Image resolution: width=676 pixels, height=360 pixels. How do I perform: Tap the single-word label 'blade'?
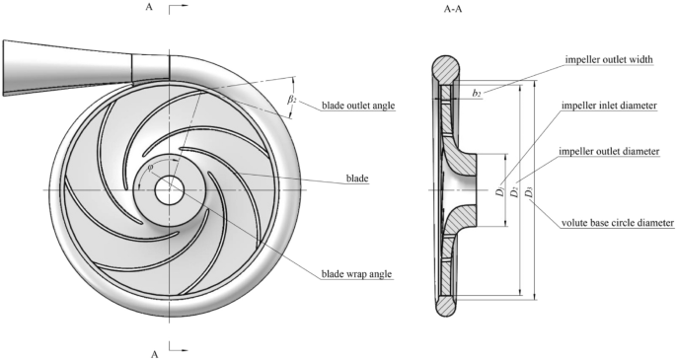click(x=356, y=179)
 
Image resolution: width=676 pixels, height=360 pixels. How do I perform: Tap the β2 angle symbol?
click(x=293, y=101)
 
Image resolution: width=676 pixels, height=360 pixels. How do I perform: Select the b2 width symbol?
click(x=477, y=93)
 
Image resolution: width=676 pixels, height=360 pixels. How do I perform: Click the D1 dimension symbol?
click(x=501, y=189)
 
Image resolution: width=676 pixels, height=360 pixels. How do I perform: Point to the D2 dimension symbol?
click(x=515, y=189)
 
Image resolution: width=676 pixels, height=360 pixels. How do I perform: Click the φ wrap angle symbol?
click(x=150, y=168)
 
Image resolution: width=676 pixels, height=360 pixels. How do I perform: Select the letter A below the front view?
click(x=153, y=351)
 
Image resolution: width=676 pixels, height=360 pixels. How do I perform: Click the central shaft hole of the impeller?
click(x=167, y=189)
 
